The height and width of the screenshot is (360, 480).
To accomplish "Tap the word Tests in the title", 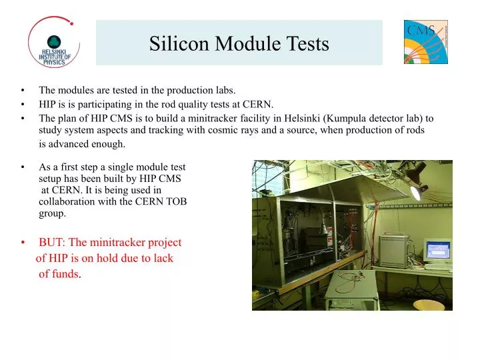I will (307, 44).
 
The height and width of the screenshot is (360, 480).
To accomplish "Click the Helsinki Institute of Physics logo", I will (53, 42).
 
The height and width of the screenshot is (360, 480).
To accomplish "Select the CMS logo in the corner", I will (425, 42).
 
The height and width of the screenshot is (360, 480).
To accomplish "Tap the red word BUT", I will (51, 243).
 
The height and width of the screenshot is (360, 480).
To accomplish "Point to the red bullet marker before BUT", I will (23, 243).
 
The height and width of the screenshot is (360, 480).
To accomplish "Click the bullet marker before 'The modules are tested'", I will (23, 90).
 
